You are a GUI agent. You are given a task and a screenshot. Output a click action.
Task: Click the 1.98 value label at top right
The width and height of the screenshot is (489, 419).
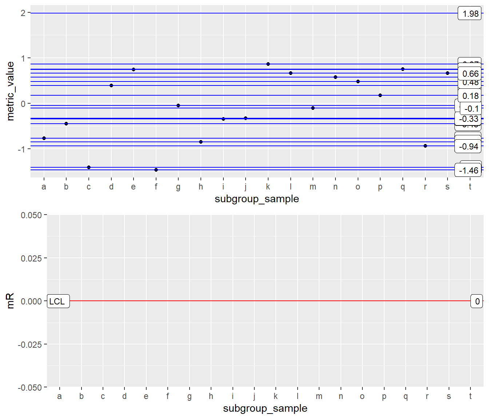pos(470,14)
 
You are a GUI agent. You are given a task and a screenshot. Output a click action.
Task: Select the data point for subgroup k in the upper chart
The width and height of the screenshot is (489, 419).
pos(268,64)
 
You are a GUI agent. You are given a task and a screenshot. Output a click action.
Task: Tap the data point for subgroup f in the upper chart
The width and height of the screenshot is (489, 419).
pos(156,170)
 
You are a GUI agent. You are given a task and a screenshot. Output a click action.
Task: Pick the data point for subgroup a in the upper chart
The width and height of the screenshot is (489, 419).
pos(44,138)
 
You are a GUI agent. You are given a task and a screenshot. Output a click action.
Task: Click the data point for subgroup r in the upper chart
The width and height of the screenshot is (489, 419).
pos(425,146)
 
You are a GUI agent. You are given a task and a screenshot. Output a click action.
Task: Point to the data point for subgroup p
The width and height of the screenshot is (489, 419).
pos(380,95)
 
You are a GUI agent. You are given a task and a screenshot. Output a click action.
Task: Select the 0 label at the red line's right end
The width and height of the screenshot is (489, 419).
pos(477,301)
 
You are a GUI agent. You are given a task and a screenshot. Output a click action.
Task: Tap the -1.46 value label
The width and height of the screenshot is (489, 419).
pos(468,171)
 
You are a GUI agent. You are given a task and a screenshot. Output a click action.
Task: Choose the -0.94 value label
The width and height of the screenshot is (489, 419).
pos(468,147)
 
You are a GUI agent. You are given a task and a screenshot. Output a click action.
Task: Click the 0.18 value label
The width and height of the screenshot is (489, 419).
pos(470,96)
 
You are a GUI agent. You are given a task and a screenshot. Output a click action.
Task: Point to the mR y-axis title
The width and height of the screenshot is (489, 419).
pos(11,301)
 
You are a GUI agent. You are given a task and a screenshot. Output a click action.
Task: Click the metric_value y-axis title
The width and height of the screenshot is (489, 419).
pos(11,91)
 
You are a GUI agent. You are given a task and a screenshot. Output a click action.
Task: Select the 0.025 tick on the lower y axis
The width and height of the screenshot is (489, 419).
pos(31,258)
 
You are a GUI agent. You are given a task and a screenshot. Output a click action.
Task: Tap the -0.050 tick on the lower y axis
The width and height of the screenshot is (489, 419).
pos(30,387)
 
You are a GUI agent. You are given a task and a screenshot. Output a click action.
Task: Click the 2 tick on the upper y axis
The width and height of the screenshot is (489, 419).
pos(23,13)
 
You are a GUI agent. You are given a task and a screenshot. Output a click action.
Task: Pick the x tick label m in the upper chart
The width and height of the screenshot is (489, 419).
pos(313,187)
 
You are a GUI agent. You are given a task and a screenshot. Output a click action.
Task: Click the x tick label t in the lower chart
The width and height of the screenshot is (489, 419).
pos(470,396)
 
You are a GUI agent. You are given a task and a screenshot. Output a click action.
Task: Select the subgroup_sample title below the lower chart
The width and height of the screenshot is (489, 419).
pos(265,408)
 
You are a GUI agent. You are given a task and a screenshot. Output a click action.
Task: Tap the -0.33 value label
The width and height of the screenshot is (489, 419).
pos(468,119)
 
